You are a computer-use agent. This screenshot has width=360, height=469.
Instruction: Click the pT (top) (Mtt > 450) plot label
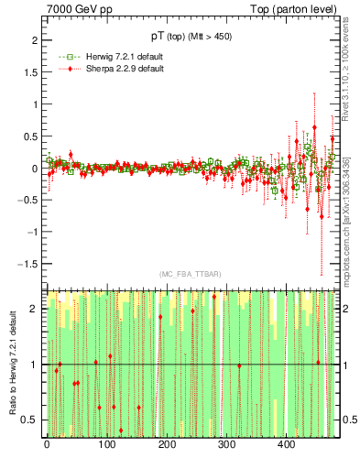click(x=191, y=38)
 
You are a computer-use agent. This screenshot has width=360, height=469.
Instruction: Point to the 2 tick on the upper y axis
click(x=32, y=41)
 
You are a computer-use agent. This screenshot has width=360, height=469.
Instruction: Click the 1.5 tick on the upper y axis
click(x=28, y=73)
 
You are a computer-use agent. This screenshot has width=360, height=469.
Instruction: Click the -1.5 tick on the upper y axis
click(x=27, y=264)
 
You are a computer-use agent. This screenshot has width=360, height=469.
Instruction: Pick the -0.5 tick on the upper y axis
click(x=27, y=201)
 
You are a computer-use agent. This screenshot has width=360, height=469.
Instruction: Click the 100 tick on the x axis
click(x=106, y=446)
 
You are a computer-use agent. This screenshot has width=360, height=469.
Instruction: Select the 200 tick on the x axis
click(x=166, y=446)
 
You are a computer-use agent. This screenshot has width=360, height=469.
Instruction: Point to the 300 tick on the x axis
click(x=226, y=446)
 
